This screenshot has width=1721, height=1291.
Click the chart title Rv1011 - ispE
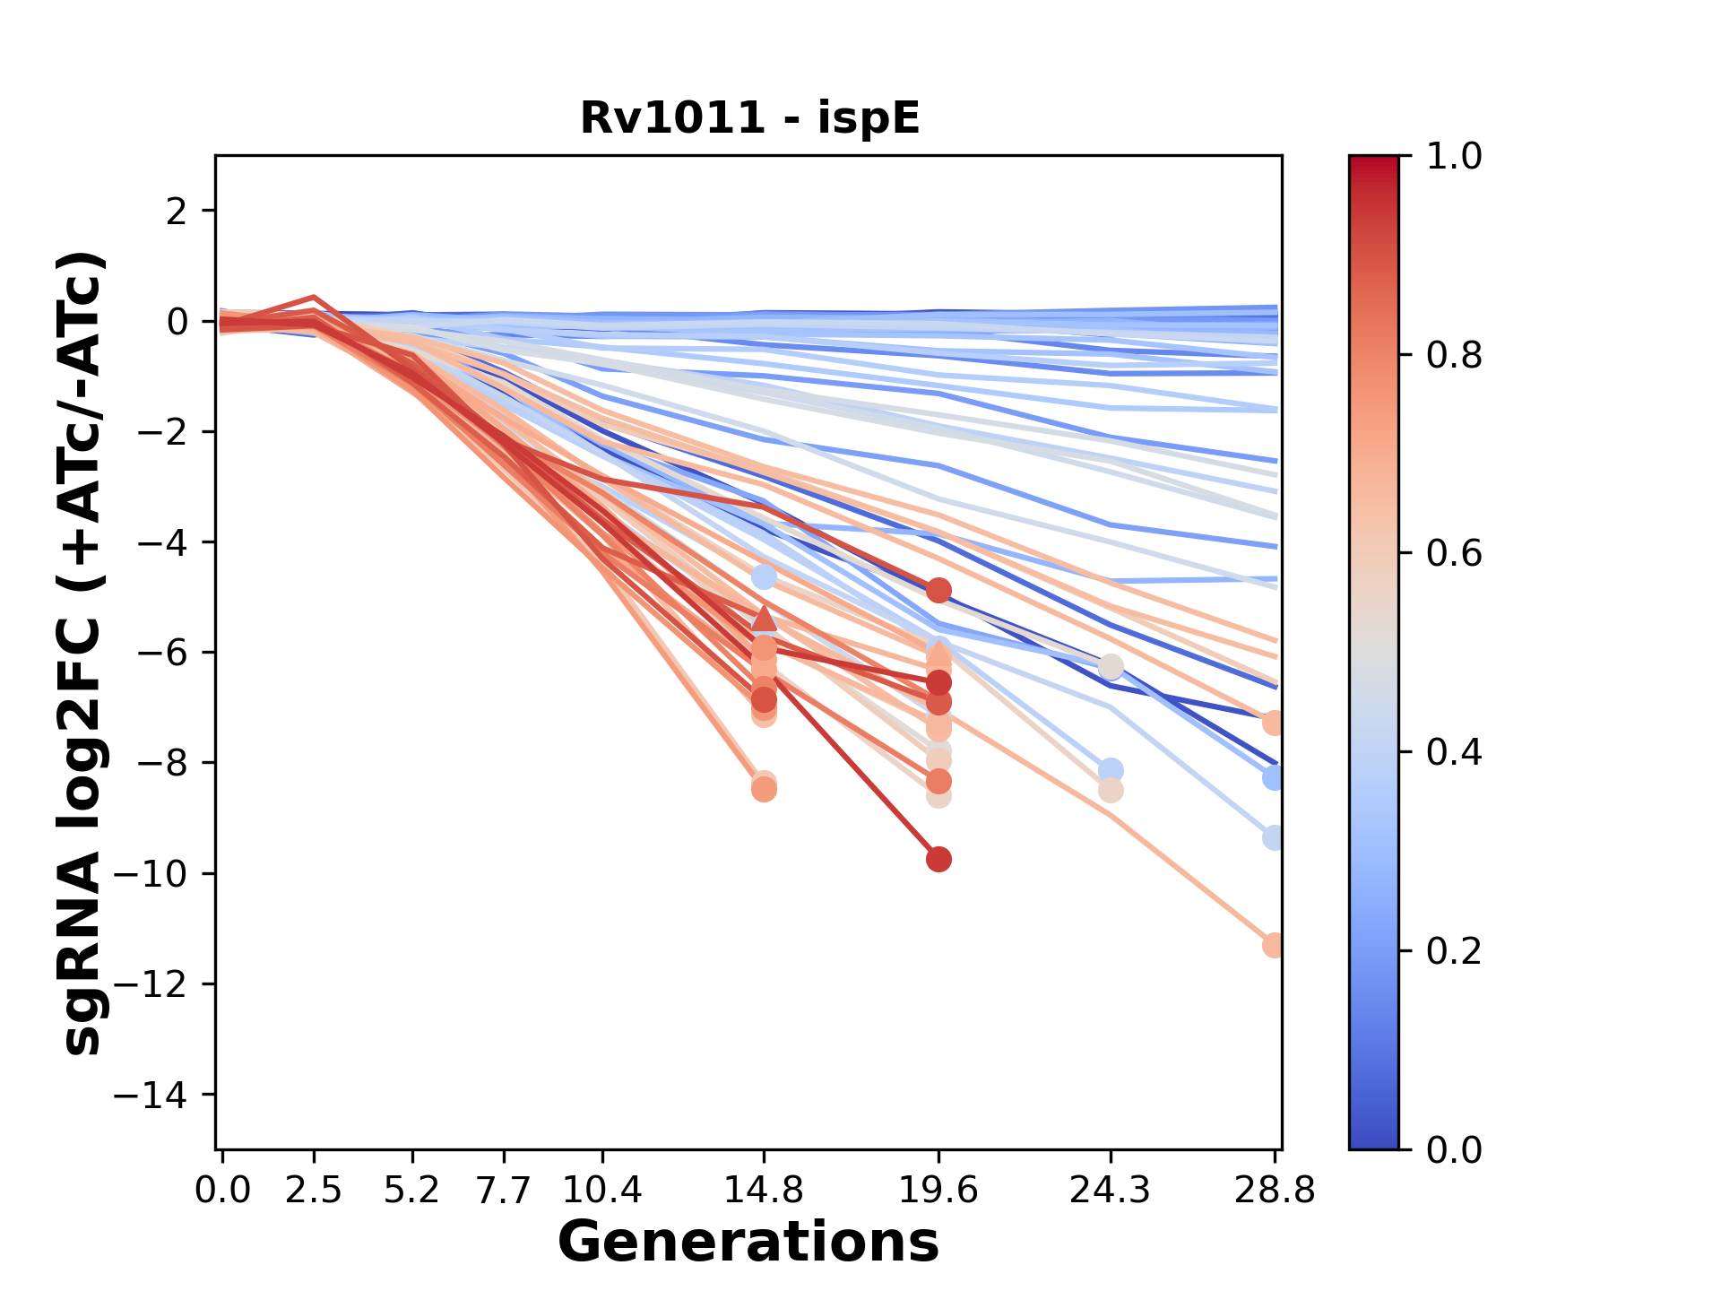[x=749, y=118]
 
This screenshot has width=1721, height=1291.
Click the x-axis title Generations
[x=748, y=1243]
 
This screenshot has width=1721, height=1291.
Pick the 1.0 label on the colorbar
[x=1454, y=157]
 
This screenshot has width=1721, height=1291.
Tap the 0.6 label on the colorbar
[x=1454, y=553]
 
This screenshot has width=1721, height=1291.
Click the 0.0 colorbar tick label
[x=1454, y=1149]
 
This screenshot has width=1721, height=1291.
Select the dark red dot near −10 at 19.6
[x=938, y=860]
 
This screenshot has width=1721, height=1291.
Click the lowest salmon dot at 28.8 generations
[x=1273, y=945]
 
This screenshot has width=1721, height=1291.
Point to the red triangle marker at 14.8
[x=764, y=618]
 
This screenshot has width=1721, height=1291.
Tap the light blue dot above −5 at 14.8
[x=764, y=576]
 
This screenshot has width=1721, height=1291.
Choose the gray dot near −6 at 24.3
[x=1111, y=667]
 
